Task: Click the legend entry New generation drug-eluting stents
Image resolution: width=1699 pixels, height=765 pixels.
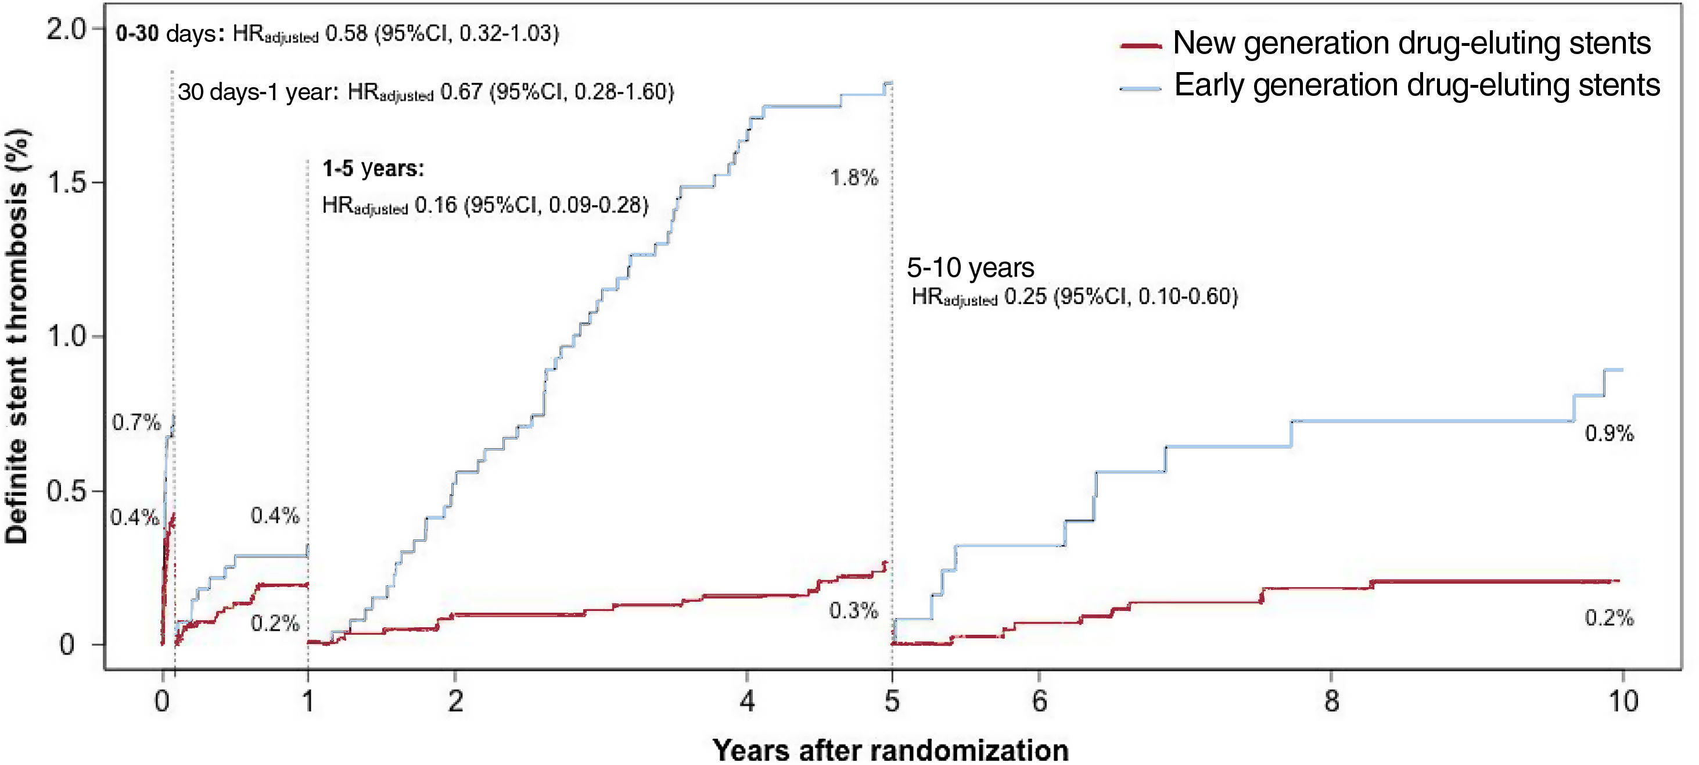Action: point(1411,43)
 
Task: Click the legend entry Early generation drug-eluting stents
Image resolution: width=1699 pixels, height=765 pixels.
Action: point(1417,85)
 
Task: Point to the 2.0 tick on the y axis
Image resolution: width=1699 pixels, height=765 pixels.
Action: point(66,29)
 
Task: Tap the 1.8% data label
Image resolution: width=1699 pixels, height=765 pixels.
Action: point(853,177)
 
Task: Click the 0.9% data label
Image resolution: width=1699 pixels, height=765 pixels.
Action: point(1610,434)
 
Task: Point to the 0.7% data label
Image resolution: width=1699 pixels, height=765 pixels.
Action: point(136,423)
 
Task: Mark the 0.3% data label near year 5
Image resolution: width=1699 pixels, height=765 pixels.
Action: point(853,610)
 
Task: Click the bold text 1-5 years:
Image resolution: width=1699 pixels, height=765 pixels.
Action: point(373,169)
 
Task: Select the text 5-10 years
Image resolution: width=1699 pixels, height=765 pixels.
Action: point(970,268)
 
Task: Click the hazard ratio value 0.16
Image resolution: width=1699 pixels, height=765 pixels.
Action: point(435,205)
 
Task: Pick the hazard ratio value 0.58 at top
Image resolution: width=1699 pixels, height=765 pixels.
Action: point(346,34)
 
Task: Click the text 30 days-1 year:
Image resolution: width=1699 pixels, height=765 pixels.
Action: point(258,92)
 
